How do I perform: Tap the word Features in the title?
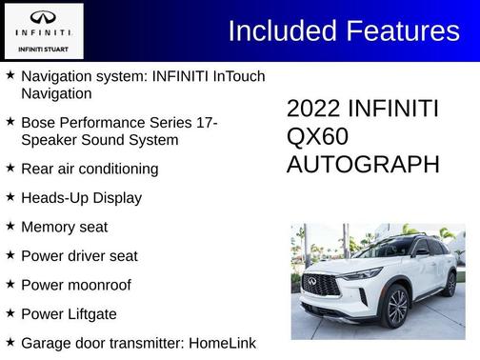click(x=401, y=30)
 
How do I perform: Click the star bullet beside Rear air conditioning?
click(x=10, y=168)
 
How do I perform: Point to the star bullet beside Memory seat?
click(x=10, y=226)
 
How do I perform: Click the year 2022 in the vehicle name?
click(x=313, y=109)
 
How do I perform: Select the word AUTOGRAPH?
click(x=363, y=164)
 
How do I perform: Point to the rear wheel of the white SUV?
click(x=450, y=283)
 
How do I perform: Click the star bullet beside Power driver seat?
click(x=10, y=255)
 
